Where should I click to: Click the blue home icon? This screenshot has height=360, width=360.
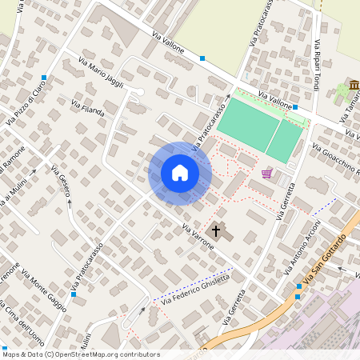pos(180,173)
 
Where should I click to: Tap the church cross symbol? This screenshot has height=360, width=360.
pos(214,231)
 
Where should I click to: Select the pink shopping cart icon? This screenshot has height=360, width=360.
pos(266,173)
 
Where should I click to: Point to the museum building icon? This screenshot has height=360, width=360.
pos(354,86)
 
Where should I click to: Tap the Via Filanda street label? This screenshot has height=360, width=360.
pos(88,108)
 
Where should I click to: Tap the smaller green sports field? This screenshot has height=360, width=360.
pos(283,141)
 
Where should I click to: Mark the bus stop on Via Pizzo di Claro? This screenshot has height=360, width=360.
pos(44,78)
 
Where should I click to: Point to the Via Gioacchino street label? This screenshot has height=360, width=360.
pos(337,160)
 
